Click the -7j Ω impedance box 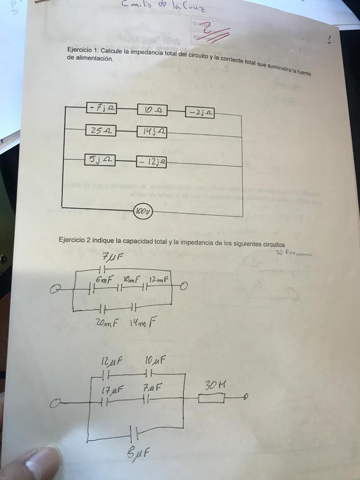[101, 108]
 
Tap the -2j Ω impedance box [200, 113]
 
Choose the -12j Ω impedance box [151, 162]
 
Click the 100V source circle [143, 212]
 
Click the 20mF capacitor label [106, 323]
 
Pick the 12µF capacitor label [111, 362]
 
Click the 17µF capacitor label [112, 389]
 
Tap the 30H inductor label [216, 385]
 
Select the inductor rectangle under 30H [211, 398]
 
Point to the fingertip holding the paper [37, 464]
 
